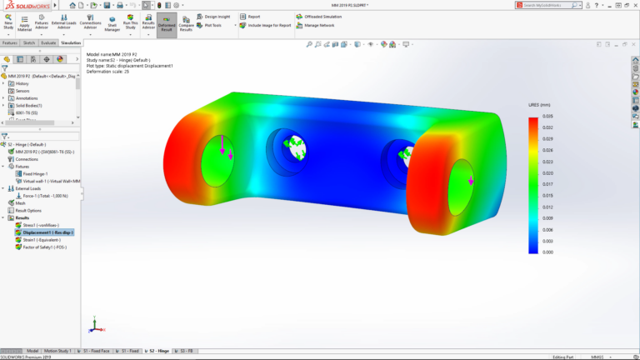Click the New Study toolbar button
(x=7, y=23)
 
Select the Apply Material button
(x=24, y=23)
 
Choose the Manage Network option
(x=317, y=25)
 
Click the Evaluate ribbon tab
(x=48, y=42)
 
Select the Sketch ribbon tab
(x=28, y=42)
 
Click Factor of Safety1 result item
(x=47, y=247)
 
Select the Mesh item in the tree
(x=20, y=202)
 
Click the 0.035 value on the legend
(x=548, y=117)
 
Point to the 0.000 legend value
(x=548, y=252)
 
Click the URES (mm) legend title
(x=538, y=107)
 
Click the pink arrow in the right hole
(x=471, y=180)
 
